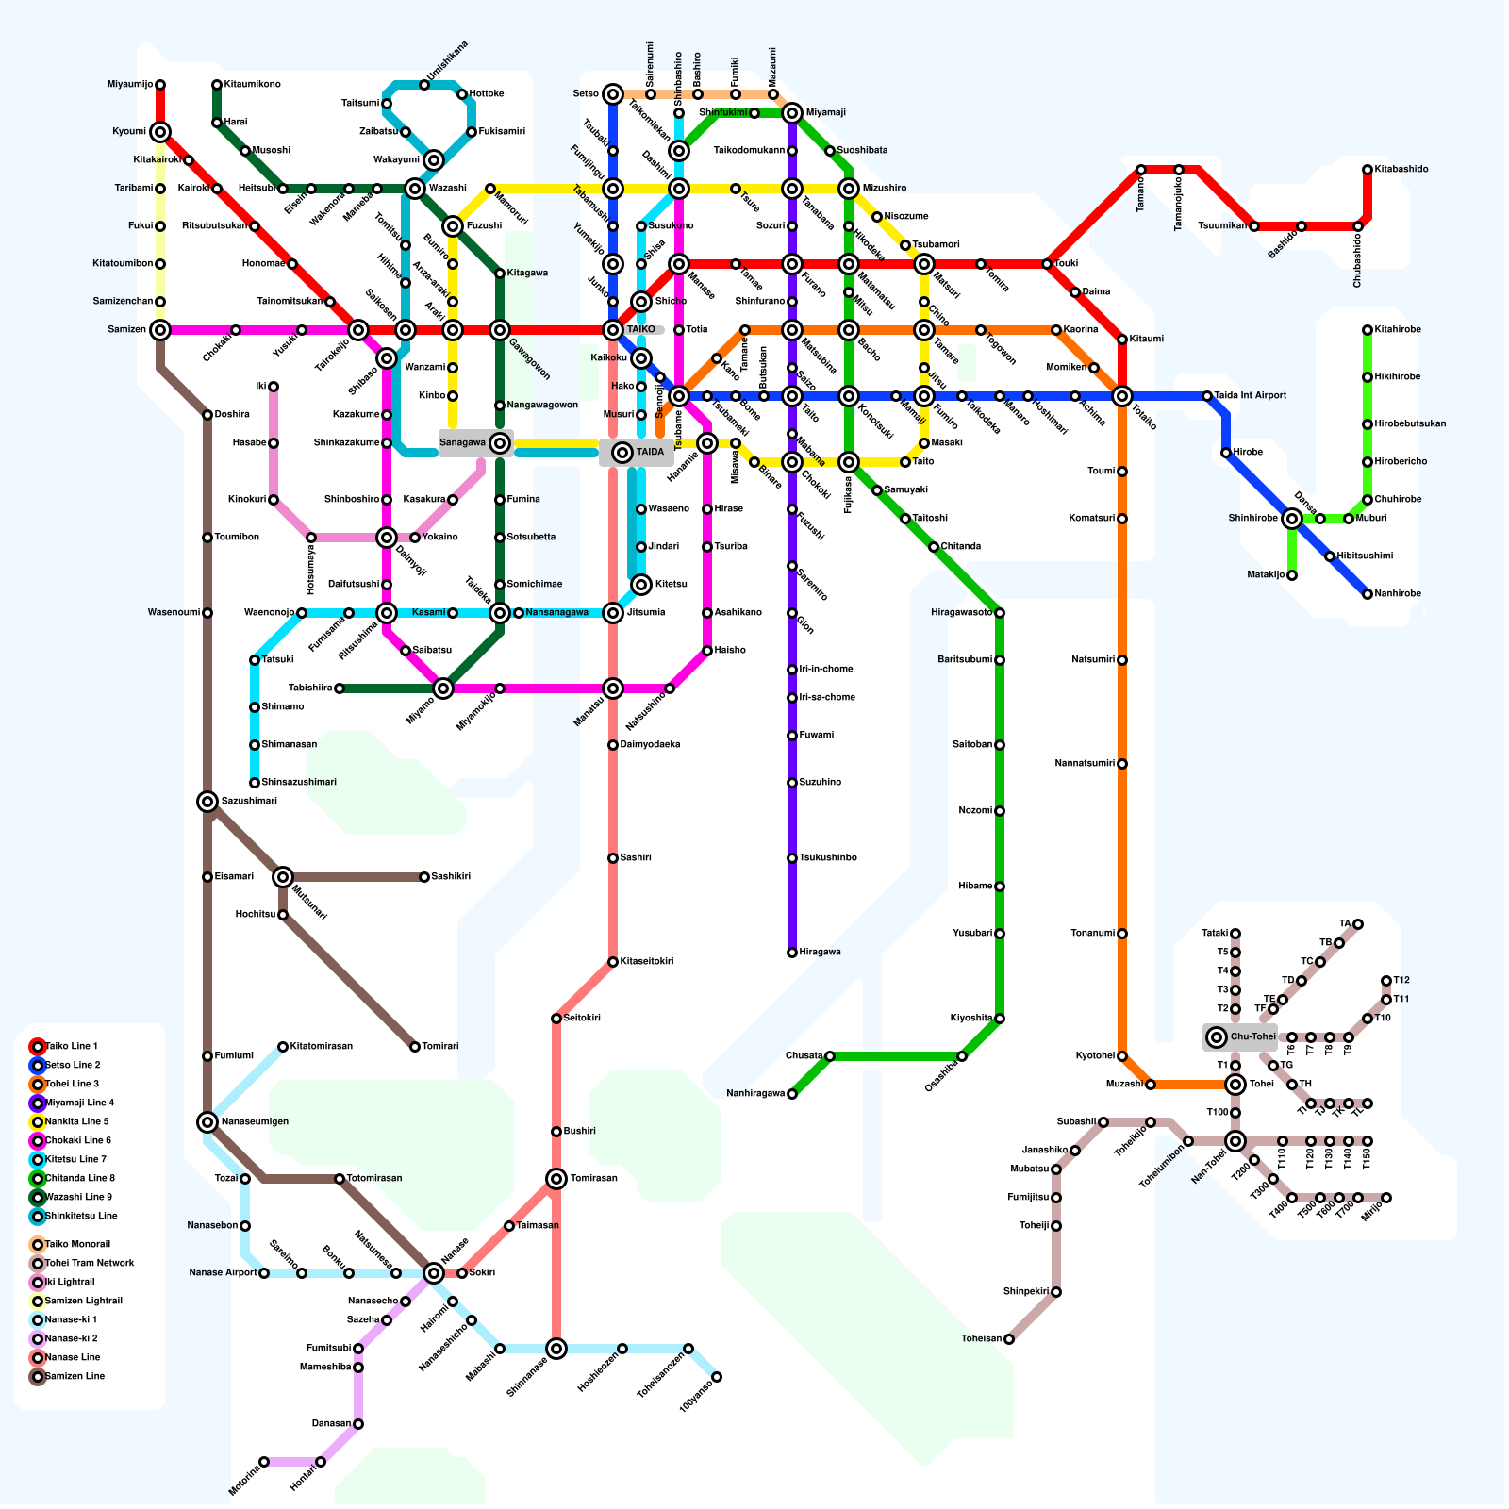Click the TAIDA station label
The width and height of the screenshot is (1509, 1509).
tap(650, 453)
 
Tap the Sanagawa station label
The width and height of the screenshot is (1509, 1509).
tap(463, 443)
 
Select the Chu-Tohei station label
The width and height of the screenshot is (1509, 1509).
tap(1252, 1037)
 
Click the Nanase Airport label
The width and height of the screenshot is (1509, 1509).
tap(222, 1273)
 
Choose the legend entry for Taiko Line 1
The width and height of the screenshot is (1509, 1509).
tap(72, 1047)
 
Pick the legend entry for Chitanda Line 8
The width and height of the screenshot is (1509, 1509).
tap(79, 1179)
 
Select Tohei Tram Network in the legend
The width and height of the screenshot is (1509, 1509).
tap(90, 1264)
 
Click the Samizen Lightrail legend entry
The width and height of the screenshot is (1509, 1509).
tap(84, 1302)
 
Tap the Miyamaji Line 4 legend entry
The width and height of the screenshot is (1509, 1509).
tap(79, 1103)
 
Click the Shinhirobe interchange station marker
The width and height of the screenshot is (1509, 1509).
tap(1292, 519)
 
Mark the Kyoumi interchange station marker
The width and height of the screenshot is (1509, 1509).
tap(160, 132)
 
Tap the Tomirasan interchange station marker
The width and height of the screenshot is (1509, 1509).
tap(556, 1179)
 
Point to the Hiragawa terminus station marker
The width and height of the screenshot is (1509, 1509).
tap(792, 953)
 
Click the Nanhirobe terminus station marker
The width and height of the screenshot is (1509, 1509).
tap(1368, 594)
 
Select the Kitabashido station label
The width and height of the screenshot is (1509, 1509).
tap(1401, 170)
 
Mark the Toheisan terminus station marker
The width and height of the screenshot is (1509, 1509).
tap(1009, 1339)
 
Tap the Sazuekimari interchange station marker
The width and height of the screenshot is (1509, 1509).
tap(207, 802)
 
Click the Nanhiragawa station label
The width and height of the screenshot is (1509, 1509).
tap(755, 1094)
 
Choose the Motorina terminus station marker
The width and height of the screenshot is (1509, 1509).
tap(264, 1462)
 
